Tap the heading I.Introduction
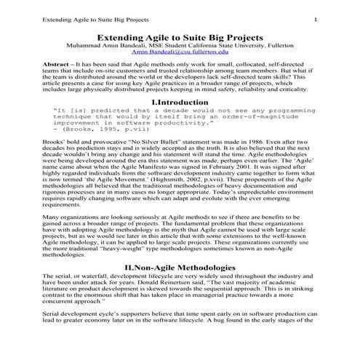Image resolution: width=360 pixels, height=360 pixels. (x=180, y=103)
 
